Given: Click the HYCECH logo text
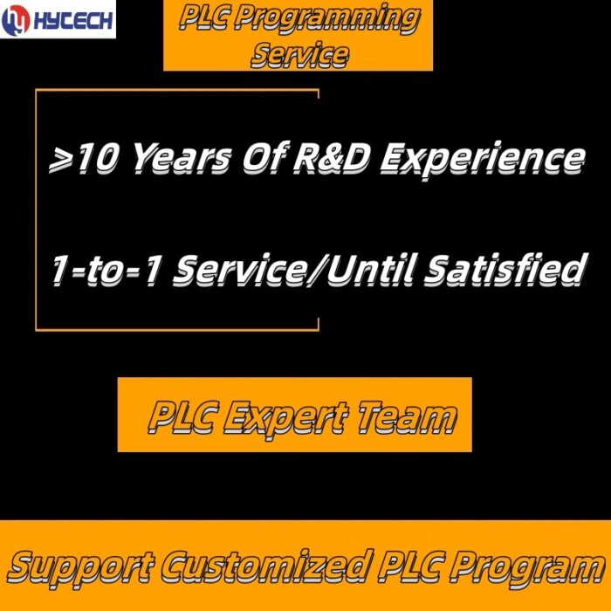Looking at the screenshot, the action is [73, 20].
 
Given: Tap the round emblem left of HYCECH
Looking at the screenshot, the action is [16, 20].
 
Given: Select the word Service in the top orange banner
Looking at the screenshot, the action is [299, 54].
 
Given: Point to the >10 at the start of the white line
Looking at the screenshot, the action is [82, 159].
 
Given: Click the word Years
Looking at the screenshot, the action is [182, 159].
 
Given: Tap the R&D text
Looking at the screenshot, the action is [331, 158].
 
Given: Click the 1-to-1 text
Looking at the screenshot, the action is [106, 270].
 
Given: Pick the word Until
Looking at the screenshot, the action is [370, 269].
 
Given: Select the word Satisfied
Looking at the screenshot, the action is [505, 269].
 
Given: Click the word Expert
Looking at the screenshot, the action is [285, 419].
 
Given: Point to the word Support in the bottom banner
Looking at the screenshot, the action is [80, 568].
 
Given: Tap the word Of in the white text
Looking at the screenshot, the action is [265, 158].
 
